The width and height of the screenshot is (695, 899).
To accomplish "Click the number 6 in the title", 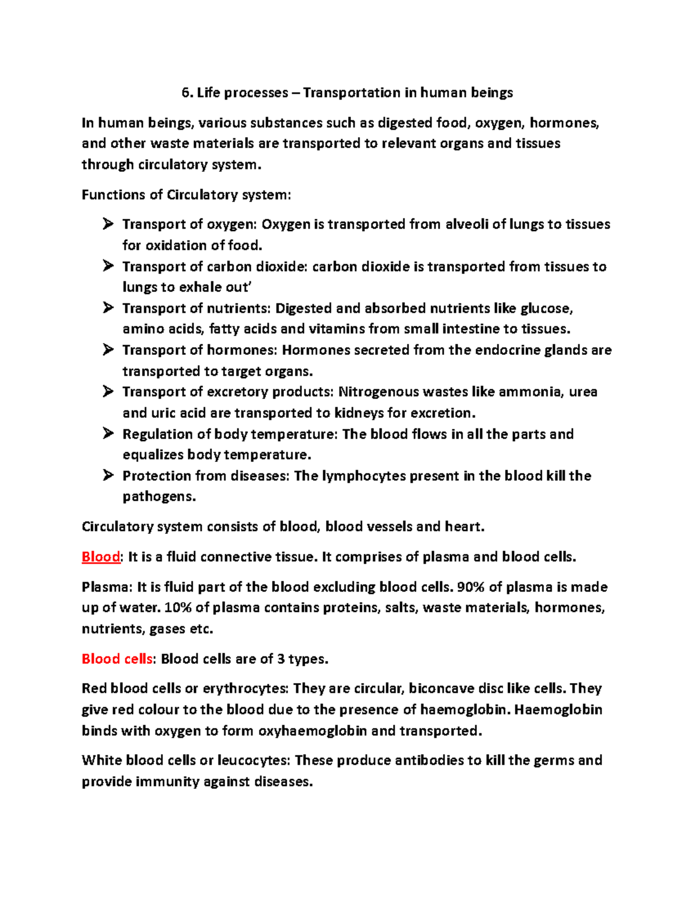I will pyautogui.click(x=185, y=93).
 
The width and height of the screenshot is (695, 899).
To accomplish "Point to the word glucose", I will pyautogui.click(x=546, y=308).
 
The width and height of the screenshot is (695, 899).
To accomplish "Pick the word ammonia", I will pyautogui.click(x=530, y=392).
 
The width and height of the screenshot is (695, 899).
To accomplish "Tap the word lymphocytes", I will pyautogui.click(x=364, y=476).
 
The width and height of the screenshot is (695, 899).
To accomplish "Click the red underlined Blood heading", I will pyautogui.click(x=101, y=557).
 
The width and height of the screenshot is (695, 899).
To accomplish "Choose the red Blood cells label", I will pyautogui.click(x=117, y=659).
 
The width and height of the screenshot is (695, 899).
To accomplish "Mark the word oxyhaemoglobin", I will pyautogui.click(x=313, y=731).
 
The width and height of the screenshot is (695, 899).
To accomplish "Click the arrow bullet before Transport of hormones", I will pyautogui.click(x=108, y=350).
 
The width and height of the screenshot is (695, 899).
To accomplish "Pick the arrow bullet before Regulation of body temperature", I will pyautogui.click(x=108, y=434).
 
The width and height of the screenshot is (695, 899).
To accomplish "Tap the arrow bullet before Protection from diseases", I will pyautogui.click(x=108, y=476).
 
